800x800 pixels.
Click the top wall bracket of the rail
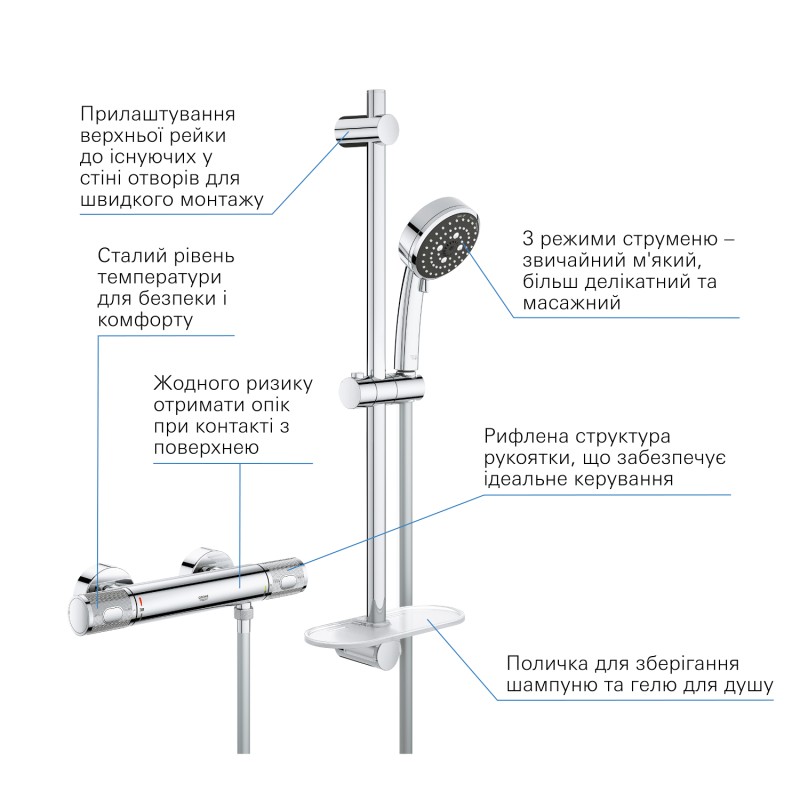click(x=366, y=130)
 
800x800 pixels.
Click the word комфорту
click(x=145, y=320)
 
